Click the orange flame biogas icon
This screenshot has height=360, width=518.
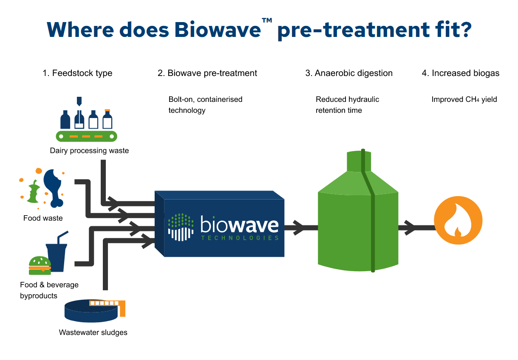tap(458, 220)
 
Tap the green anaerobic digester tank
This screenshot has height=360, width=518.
tap(358, 225)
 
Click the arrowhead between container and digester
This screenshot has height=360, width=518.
tap(298, 228)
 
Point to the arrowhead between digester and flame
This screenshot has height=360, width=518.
tap(411, 228)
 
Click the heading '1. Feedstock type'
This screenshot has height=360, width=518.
tap(77, 73)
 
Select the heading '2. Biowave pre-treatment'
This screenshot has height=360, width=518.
tap(207, 73)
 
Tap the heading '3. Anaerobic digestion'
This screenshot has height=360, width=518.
tap(349, 73)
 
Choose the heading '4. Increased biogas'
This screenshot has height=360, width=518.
tap(461, 73)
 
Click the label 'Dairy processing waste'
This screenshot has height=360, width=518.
tap(89, 150)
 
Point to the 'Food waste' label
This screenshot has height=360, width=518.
tap(43, 218)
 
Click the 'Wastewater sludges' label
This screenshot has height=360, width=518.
tap(93, 332)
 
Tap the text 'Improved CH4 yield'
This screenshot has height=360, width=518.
tap(464, 99)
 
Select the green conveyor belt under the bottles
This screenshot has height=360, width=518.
tap(86, 136)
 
